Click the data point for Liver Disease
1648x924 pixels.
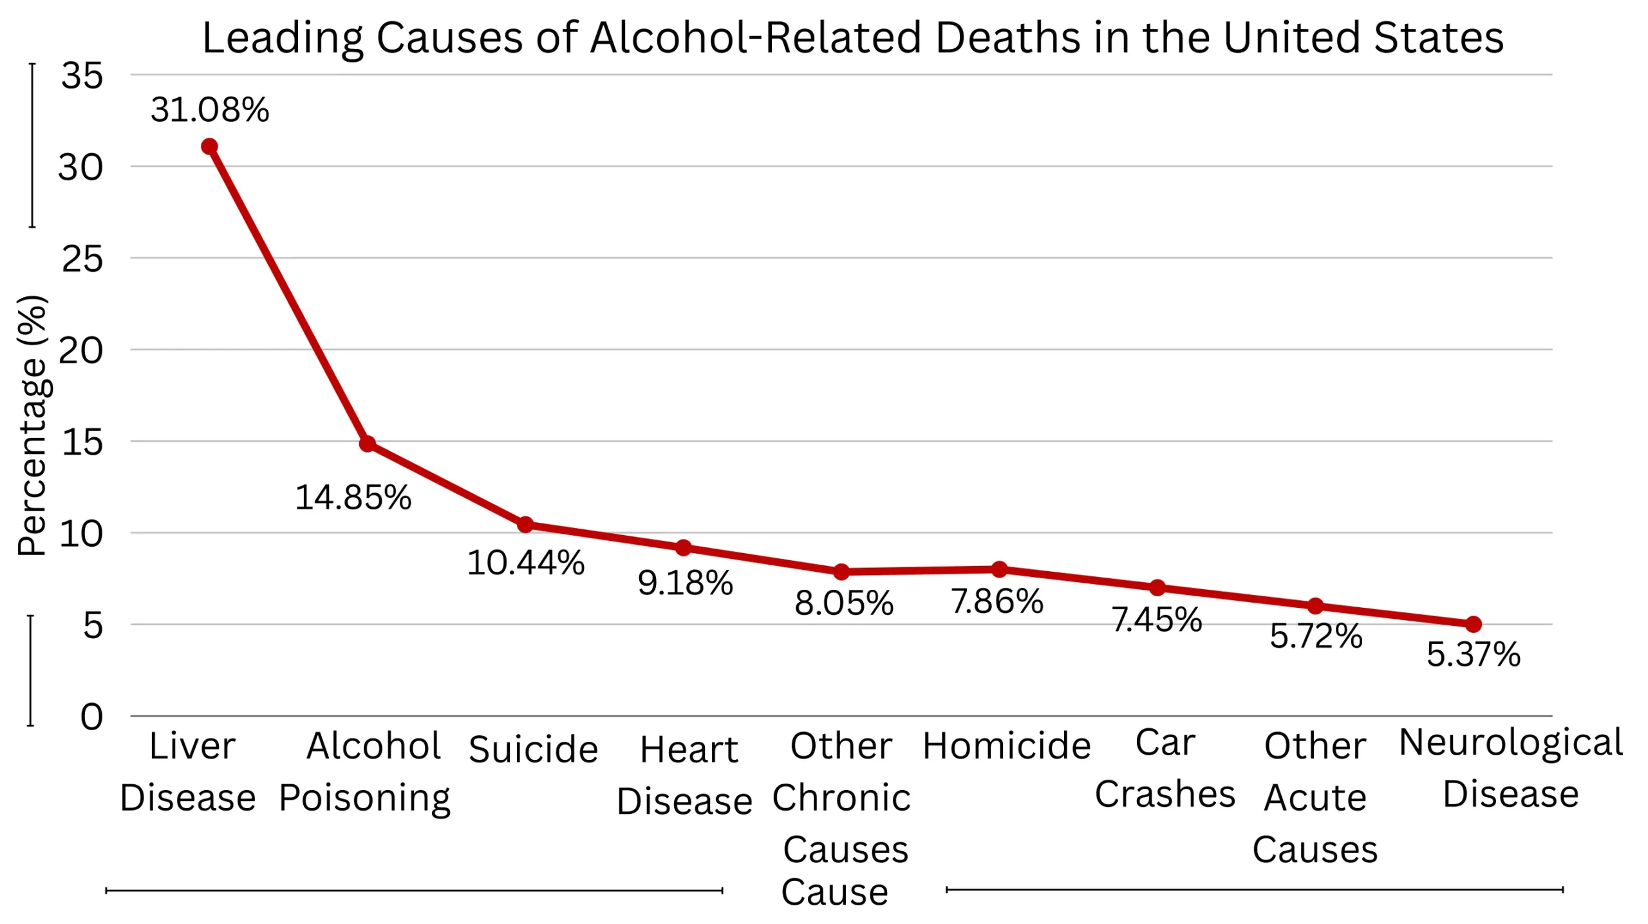[x=209, y=147]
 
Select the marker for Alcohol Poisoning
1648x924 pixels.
[x=367, y=444]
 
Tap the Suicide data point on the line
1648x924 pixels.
[x=525, y=524]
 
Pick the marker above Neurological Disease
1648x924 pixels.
[x=1473, y=624]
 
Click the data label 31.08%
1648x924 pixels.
[x=210, y=109]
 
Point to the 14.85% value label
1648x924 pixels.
[x=353, y=498]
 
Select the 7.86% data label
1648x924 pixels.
[x=997, y=602]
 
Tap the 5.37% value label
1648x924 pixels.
[x=1473, y=654]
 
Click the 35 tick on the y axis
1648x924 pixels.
[x=82, y=76]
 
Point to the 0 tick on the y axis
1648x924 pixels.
[x=91, y=717]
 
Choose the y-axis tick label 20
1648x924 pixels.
[x=80, y=351]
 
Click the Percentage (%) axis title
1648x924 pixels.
[x=32, y=425]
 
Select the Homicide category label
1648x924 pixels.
[x=1006, y=746]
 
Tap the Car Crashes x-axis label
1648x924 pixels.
[x=1165, y=768]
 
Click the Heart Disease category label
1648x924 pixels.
[x=685, y=775]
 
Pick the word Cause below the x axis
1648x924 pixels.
[x=834, y=892]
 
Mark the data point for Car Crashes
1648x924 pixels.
[x=1157, y=587]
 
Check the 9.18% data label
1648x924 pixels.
[x=685, y=583]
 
